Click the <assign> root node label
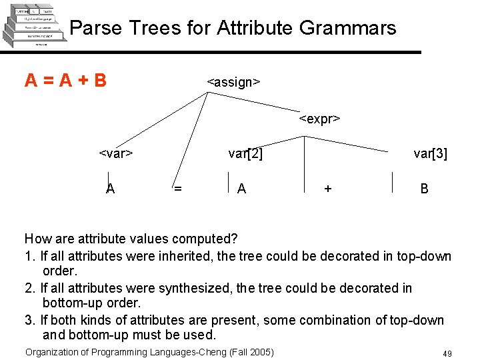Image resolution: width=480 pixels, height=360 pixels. click(233, 82)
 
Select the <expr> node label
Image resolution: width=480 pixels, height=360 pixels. click(319, 119)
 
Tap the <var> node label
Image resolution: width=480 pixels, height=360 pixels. click(116, 154)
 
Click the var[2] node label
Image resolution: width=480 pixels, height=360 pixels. click(245, 154)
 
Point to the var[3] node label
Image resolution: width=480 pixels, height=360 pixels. click(430, 154)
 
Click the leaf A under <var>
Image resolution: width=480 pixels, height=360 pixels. click(110, 189)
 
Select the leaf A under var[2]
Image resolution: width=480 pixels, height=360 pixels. click(241, 189)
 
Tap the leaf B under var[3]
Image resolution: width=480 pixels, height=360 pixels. click(424, 189)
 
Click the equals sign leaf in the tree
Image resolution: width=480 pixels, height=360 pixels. click(177, 189)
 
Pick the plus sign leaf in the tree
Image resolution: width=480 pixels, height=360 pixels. click(327, 189)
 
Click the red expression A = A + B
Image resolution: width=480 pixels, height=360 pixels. click(65, 81)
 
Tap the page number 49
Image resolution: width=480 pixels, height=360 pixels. click(447, 353)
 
